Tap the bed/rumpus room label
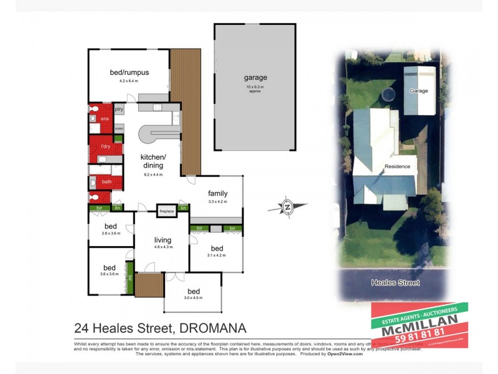(129, 72)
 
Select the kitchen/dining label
(153, 161)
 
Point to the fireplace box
(167, 211)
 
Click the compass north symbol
(288, 206)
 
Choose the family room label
(218, 193)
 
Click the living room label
(163, 240)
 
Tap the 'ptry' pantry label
(119, 110)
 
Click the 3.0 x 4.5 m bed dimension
(194, 298)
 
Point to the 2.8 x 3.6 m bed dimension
(110, 234)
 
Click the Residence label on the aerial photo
(397, 166)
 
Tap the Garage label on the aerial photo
(418, 91)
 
